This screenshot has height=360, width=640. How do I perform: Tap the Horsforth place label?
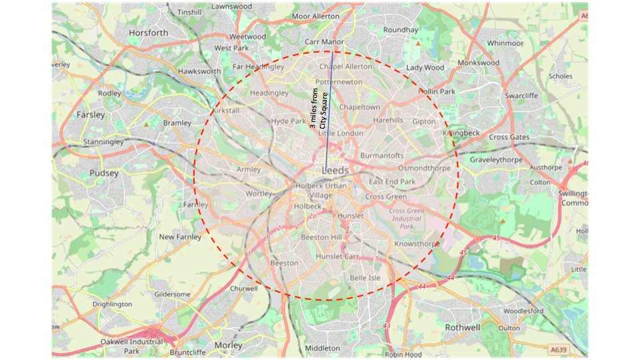click(x=148, y=33)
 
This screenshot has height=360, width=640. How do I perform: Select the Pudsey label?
click(x=103, y=173)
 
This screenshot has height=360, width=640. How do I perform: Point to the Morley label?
click(x=229, y=345)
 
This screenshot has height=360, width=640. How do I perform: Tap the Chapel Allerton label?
click(x=346, y=67)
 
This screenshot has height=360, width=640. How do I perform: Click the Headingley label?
click(x=269, y=93)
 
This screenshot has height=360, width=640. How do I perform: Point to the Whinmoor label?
click(x=505, y=43)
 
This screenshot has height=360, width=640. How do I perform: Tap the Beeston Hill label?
click(x=321, y=237)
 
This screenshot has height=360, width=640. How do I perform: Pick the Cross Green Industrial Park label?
click(x=407, y=219)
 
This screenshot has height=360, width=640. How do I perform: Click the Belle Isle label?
click(x=365, y=277)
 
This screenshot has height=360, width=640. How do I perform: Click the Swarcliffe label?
click(x=521, y=96)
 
